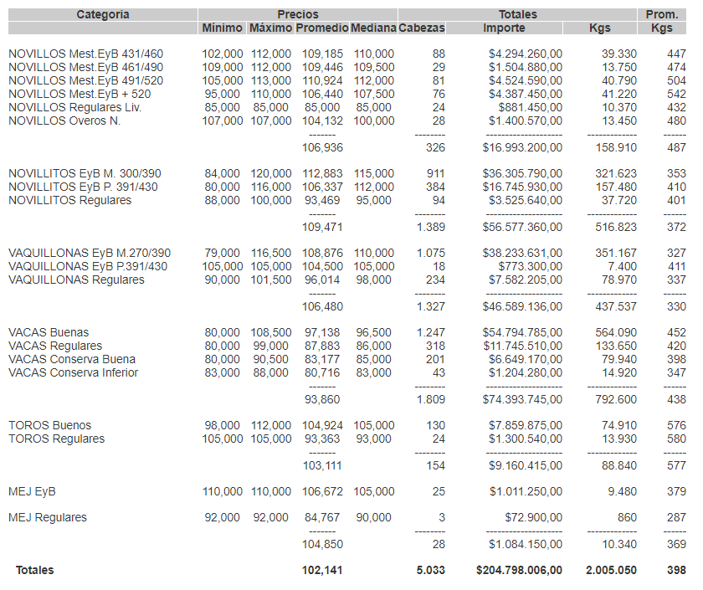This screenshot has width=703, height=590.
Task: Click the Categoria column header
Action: (x=103, y=14)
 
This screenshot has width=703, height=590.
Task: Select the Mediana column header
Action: (x=373, y=28)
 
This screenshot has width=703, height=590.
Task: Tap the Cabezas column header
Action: (x=422, y=28)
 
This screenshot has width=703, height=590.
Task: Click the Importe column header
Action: (x=504, y=28)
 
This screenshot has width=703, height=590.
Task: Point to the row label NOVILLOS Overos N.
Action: (x=64, y=121)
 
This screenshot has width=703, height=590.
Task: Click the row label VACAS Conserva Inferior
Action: (x=73, y=372)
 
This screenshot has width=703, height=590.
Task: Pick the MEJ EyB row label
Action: (x=32, y=491)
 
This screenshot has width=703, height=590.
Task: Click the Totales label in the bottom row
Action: (x=34, y=570)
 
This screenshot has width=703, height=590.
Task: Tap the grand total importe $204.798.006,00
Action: (x=519, y=570)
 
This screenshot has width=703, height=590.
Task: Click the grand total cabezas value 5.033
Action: (x=431, y=570)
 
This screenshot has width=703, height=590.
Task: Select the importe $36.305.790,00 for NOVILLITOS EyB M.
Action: (x=522, y=173)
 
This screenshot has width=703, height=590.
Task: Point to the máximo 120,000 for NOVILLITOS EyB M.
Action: (x=271, y=173)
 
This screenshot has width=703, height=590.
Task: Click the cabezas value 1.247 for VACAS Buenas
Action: (x=431, y=332)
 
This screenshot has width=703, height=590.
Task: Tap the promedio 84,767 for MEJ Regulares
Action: (x=322, y=517)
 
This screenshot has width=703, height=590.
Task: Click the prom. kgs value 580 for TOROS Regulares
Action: (x=676, y=439)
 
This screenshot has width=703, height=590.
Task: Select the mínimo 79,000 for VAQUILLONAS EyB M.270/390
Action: (x=222, y=253)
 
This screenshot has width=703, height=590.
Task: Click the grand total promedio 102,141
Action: (x=322, y=570)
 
